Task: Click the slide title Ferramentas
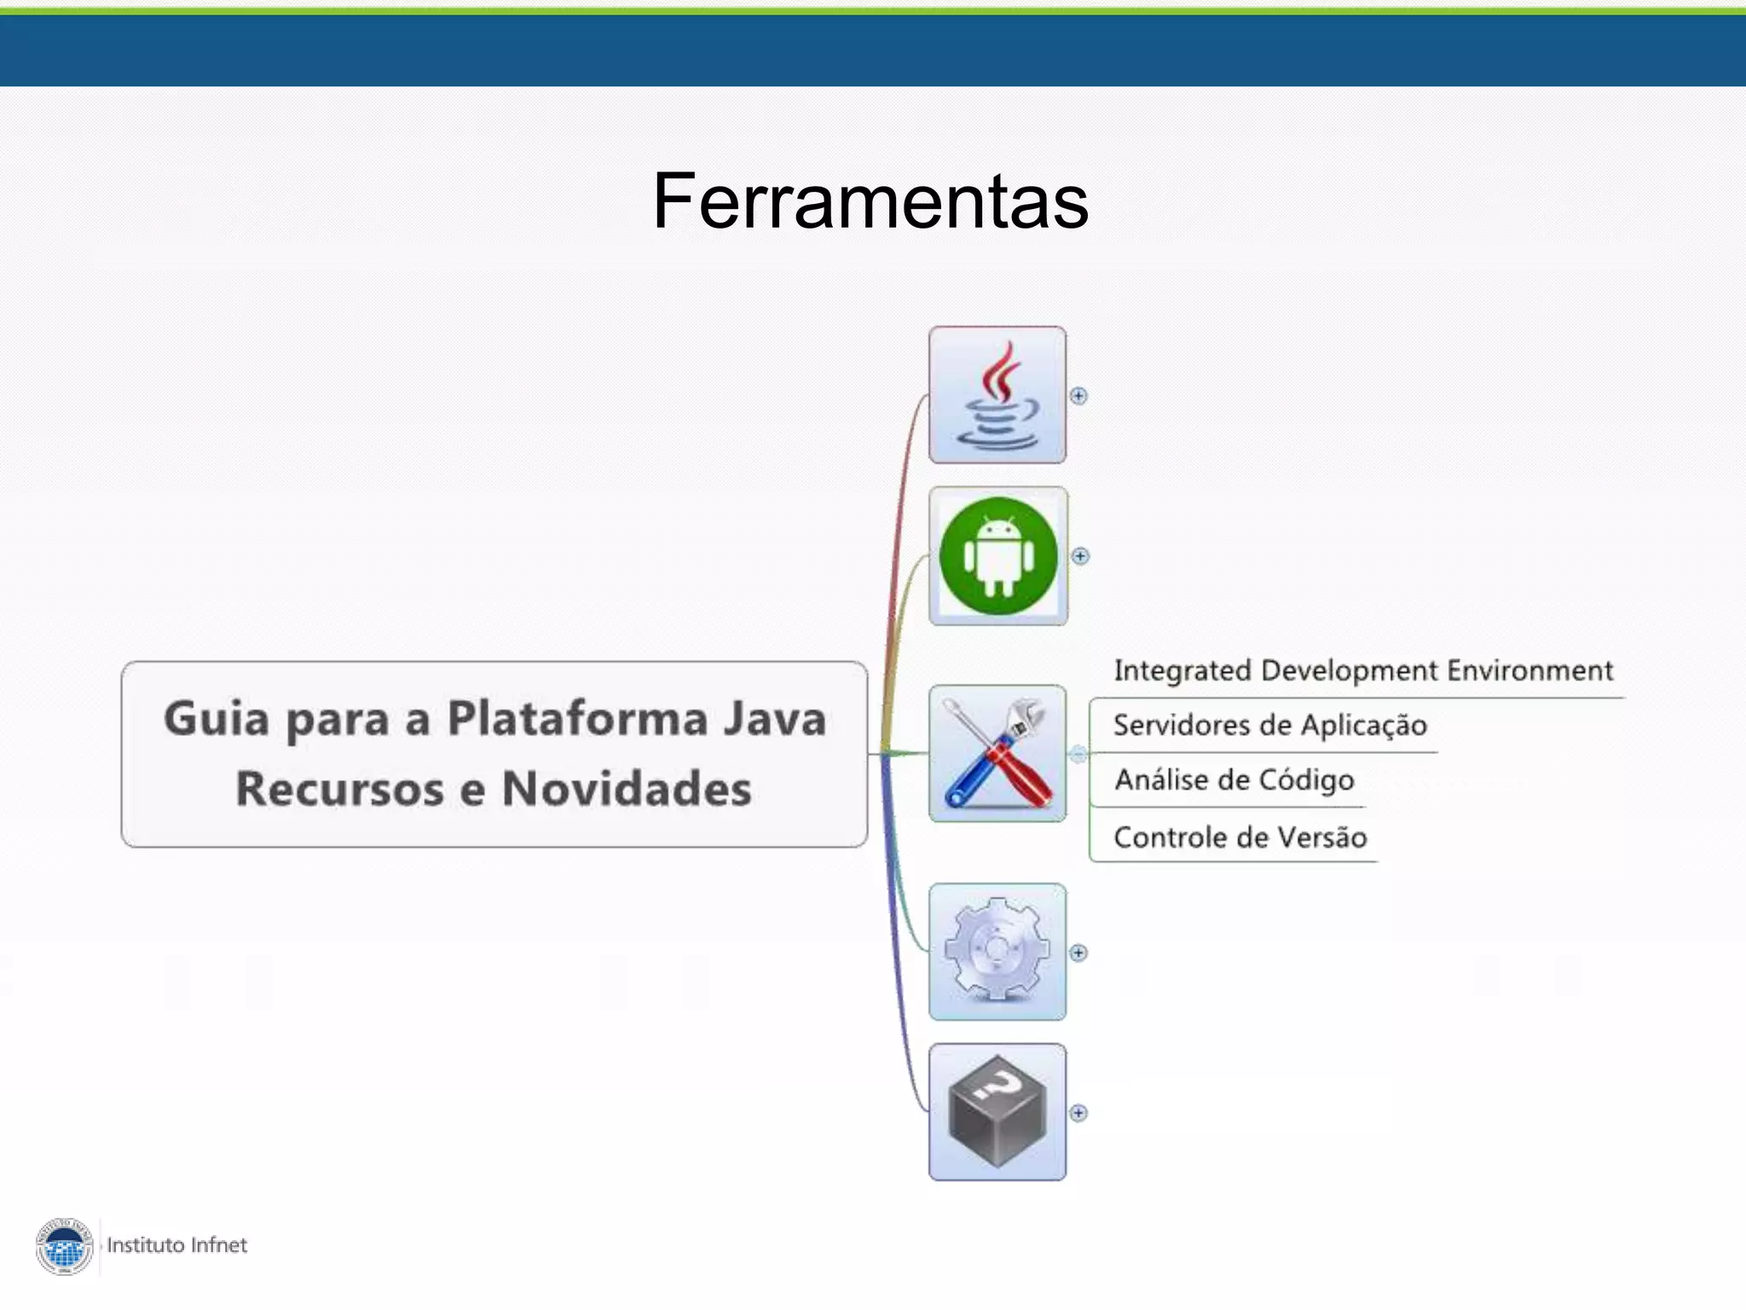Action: point(870,201)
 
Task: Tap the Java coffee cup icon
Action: point(997,395)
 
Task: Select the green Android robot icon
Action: point(998,556)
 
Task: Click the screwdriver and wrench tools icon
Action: point(997,753)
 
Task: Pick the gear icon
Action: point(997,951)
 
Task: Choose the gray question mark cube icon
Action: point(997,1111)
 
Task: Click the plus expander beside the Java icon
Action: point(1078,396)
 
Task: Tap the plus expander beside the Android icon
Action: point(1080,556)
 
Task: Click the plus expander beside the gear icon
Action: point(1078,953)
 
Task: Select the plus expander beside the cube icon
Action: point(1078,1113)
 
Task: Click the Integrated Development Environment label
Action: point(1363,670)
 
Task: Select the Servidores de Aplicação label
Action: point(1269,725)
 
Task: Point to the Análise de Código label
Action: point(1234,780)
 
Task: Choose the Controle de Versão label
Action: point(1240,838)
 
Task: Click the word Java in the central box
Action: point(774,718)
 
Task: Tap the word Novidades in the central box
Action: point(627,789)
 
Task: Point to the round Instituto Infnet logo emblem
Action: point(65,1246)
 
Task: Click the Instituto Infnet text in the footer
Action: point(176,1245)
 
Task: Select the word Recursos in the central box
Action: point(339,789)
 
